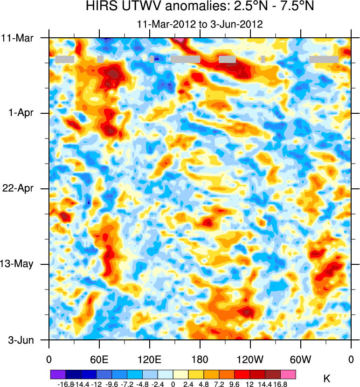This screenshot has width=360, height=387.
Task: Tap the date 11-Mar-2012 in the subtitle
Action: click(165, 24)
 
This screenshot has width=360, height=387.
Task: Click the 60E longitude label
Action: click(99, 359)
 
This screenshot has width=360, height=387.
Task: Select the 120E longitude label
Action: click(150, 359)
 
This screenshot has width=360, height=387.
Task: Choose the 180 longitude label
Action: click(200, 359)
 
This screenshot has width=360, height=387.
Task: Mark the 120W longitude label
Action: click(250, 359)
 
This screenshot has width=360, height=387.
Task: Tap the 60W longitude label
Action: click(300, 359)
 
